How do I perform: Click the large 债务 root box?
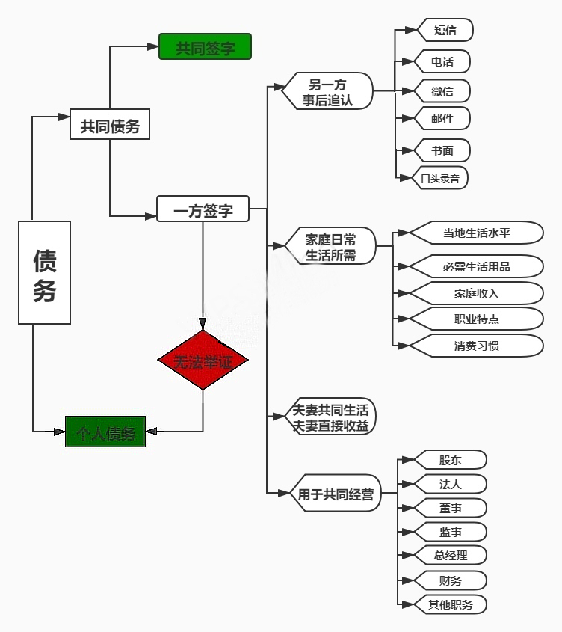point(44,272)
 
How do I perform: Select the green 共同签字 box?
point(205,46)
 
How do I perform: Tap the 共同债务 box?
point(110,125)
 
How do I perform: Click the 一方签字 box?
point(203,209)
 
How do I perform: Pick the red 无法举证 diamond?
point(203,361)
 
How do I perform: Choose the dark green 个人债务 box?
point(105,432)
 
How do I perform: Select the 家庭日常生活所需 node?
point(330,246)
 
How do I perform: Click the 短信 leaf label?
point(445,30)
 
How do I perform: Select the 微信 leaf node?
point(442,91)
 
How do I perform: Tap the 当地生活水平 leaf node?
point(476,233)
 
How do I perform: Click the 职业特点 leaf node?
point(476,319)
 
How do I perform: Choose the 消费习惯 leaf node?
point(476,345)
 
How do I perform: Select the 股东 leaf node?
point(451,459)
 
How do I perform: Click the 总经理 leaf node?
point(451,555)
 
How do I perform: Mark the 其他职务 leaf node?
point(451,604)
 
